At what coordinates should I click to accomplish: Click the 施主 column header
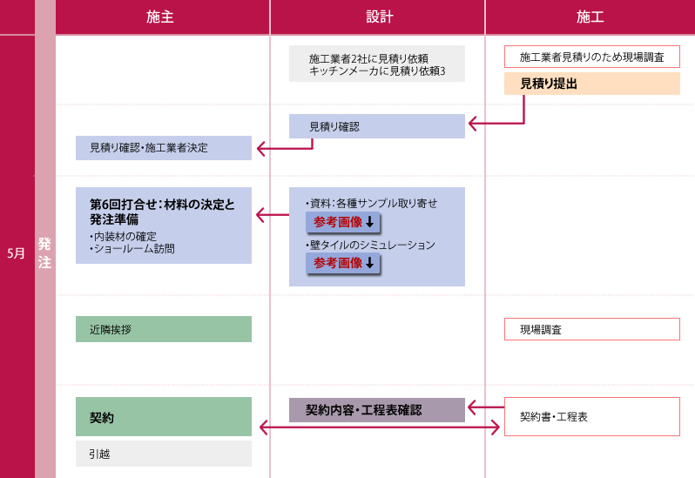(161, 17)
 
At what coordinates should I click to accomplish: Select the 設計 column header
(377, 17)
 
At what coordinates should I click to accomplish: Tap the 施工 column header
(590, 17)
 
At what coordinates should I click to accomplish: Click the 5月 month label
(17, 253)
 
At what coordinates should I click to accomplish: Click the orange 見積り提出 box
(591, 84)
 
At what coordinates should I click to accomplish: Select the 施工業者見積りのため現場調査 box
(591, 57)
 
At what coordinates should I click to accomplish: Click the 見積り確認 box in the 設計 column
(376, 126)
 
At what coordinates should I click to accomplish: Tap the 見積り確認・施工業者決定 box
(164, 147)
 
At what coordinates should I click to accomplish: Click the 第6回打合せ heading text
(162, 212)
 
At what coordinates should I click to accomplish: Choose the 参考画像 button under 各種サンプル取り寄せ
(343, 222)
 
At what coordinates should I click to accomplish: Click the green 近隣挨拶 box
(164, 329)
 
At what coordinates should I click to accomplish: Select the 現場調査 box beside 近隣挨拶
(591, 329)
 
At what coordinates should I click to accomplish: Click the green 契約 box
(164, 417)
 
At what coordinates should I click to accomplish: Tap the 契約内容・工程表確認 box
(376, 410)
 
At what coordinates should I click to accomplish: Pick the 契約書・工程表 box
(591, 416)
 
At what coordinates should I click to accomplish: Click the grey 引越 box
(164, 454)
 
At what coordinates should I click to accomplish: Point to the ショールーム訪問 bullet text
(135, 248)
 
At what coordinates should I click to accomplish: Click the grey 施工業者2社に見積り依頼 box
(376, 64)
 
